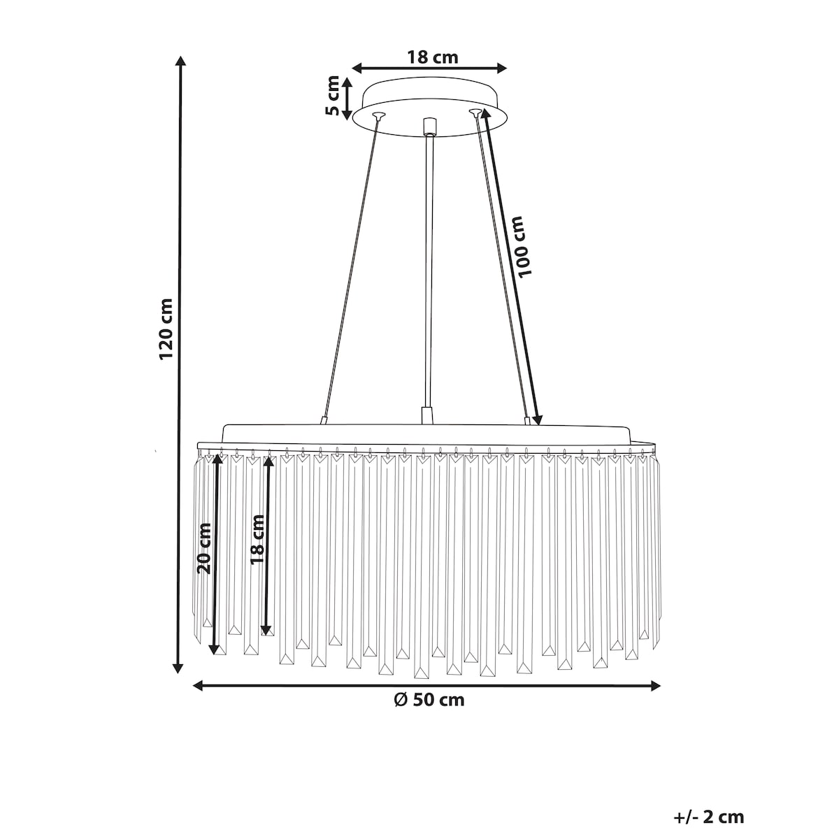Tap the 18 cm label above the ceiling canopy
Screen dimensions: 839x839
point(432,57)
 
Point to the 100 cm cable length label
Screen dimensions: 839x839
point(524,245)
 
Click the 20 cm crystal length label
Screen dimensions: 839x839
point(203,548)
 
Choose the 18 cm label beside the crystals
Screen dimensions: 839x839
point(257,540)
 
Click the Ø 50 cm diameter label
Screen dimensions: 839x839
point(429,700)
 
